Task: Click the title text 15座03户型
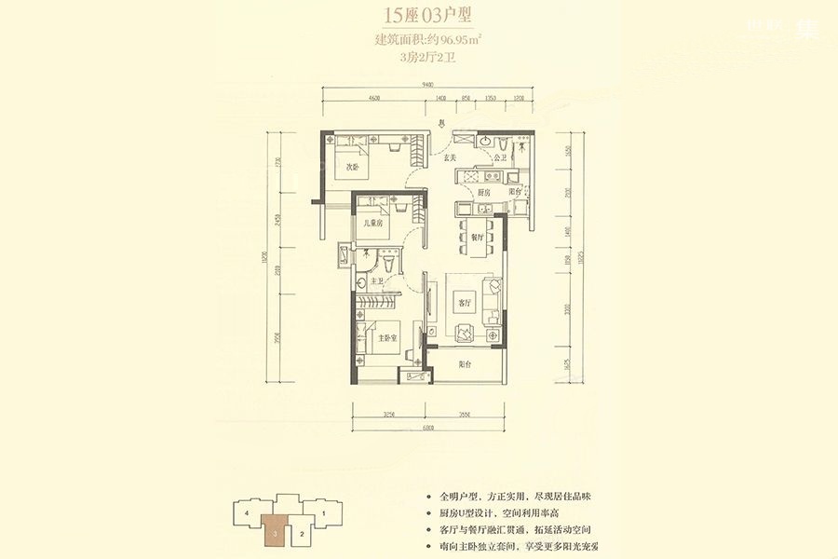pos(419,16)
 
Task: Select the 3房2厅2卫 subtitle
pos(419,57)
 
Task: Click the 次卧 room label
pos(353,168)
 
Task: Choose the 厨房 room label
pos(484,193)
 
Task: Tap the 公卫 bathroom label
pos(500,158)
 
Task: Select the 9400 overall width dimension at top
pos(427,85)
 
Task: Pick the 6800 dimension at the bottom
pos(427,428)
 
